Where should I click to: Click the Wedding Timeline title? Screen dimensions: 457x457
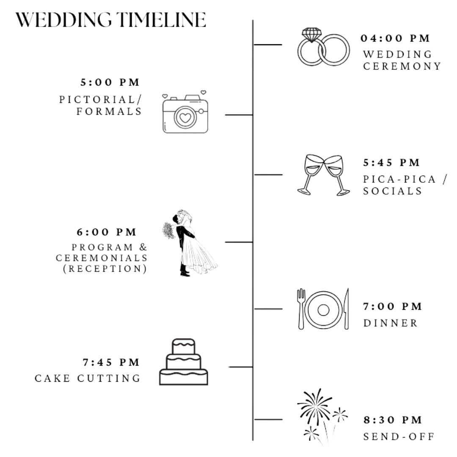click(111, 20)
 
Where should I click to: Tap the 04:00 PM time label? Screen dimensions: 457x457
click(395, 39)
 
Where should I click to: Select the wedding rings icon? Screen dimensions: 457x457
click(324, 47)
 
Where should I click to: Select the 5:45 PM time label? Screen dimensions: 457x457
click(392, 162)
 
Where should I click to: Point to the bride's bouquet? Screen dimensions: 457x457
click(168, 231)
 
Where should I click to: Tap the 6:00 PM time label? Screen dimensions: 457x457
click(107, 232)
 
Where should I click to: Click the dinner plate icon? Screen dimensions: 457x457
click(324, 309)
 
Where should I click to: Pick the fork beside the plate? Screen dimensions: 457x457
click(301, 309)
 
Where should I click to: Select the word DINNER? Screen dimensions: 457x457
click(391, 323)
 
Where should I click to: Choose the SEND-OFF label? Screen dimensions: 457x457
click(399, 436)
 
